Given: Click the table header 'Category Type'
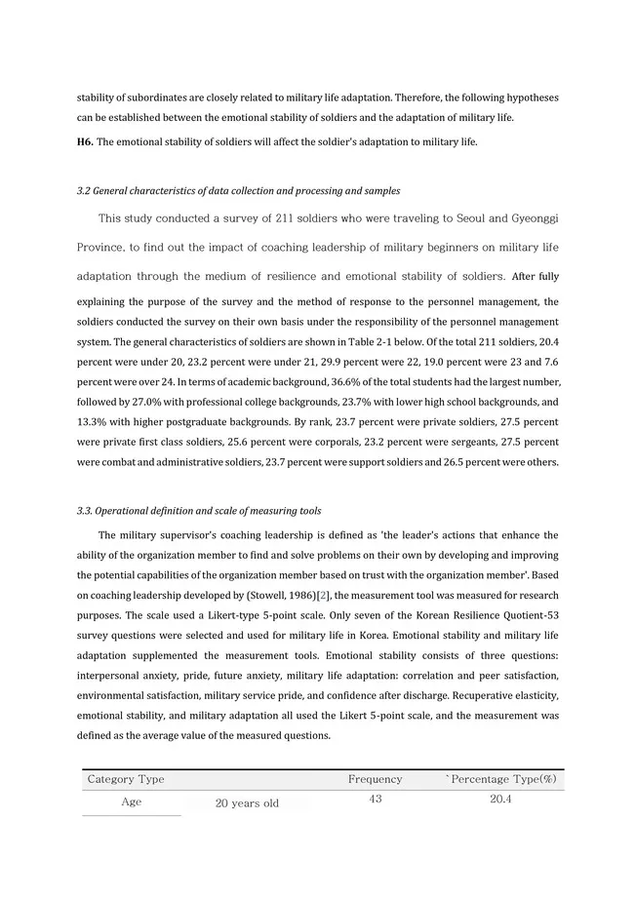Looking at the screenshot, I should click(x=126, y=779).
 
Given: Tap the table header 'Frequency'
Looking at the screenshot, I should click(x=375, y=779).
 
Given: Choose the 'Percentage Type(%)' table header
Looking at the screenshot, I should click(x=502, y=779).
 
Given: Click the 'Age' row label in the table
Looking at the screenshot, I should click(x=131, y=802).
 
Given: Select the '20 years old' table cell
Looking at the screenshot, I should click(x=247, y=804).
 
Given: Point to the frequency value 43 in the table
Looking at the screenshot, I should click(x=376, y=800).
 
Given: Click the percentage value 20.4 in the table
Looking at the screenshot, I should click(x=501, y=800).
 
